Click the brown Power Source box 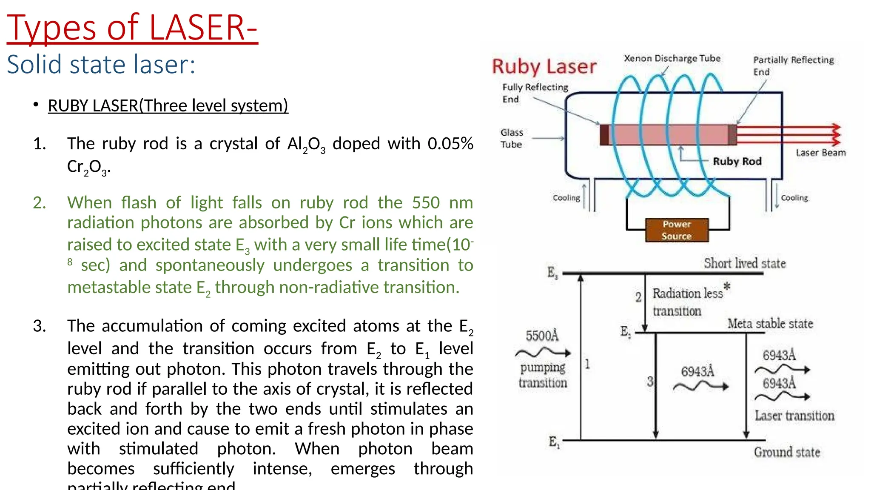click(x=677, y=230)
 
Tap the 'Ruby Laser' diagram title click(x=544, y=67)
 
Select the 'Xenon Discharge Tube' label click(x=672, y=58)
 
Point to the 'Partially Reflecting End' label click(x=793, y=66)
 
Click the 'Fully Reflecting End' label click(x=535, y=93)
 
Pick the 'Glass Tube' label click(x=511, y=138)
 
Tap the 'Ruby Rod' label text click(x=737, y=161)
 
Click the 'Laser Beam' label click(x=821, y=153)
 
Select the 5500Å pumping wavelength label click(x=542, y=336)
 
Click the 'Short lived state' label click(x=744, y=264)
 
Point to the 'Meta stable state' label click(x=770, y=324)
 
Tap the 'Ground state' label click(x=787, y=452)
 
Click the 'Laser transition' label click(x=794, y=416)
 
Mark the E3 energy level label click(x=552, y=273)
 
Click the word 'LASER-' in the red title click(x=203, y=28)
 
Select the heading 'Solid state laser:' click(x=101, y=65)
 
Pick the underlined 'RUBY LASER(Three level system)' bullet click(x=168, y=105)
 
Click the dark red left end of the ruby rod click(x=604, y=134)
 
